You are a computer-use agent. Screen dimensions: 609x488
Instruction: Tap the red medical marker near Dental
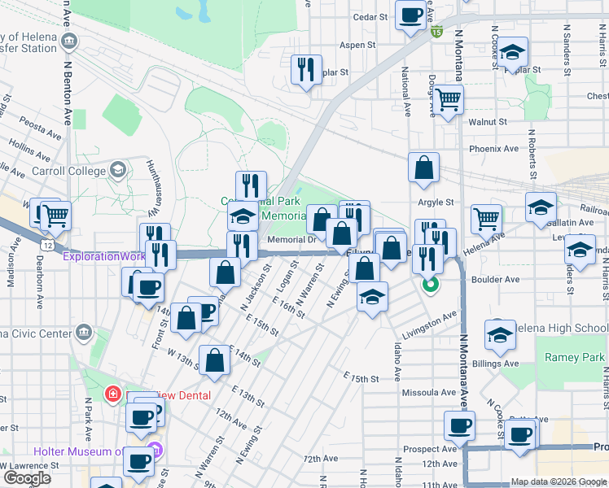(x=112, y=395)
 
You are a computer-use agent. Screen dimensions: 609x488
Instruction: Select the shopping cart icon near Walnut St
(x=448, y=100)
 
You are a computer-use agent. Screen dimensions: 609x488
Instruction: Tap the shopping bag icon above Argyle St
(x=424, y=168)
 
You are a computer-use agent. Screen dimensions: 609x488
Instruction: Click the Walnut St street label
(x=488, y=122)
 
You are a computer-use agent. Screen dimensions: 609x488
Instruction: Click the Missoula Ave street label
(x=429, y=392)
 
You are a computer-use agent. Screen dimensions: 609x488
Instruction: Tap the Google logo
(x=27, y=477)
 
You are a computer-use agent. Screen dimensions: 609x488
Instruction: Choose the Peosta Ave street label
(x=41, y=129)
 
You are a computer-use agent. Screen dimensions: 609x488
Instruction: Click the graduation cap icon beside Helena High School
(x=500, y=333)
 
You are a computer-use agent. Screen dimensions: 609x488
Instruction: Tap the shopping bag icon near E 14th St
(x=214, y=362)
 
